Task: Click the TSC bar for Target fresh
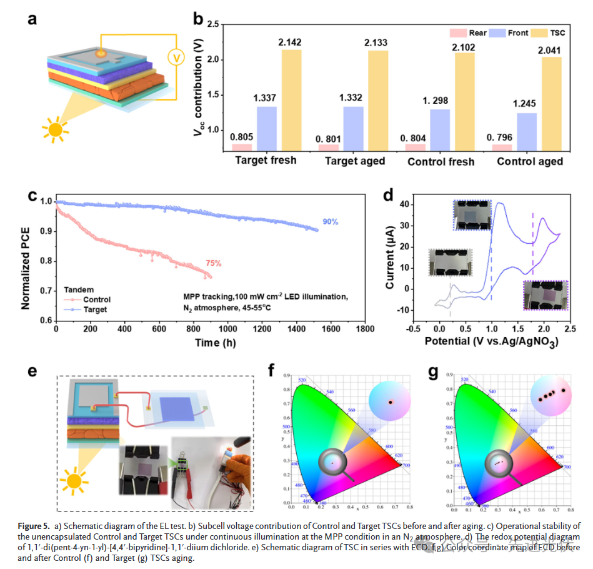pyautogui.click(x=292, y=101)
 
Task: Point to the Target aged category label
pyautogui.click(x=354, y=161)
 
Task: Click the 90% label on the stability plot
pyautogui.click(x=331, y=222)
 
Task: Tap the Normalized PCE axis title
pyautogui.click(x=26, y=259)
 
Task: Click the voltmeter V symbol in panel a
pyautogui.click(x=177, y=58)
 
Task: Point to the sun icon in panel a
pyautogui.click(x=56, y=129)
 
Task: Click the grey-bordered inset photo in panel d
pyautogui.click(x=449, y=262)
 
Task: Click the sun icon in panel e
pyautogui.click(x=74, y=482)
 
